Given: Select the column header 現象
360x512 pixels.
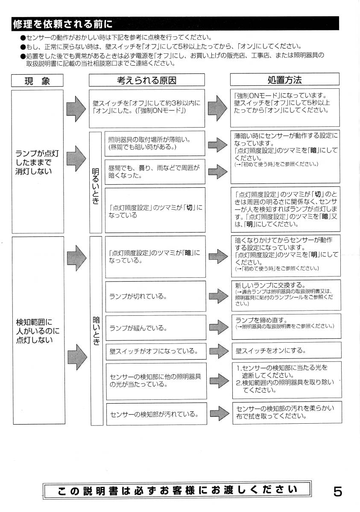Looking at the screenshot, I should (x=37, y=81).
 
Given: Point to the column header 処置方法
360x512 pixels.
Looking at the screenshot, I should (x=284, y=80).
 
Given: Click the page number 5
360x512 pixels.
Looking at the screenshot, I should (x=337, y=492).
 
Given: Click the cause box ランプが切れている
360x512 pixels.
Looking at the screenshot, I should (x=155, y=296).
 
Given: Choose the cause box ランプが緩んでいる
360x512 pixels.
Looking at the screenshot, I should (x=155, y=328).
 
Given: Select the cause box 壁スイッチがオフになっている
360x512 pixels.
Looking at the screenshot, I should (x=155, y=351).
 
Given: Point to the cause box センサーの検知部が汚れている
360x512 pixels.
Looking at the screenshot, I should (x=155, y=414).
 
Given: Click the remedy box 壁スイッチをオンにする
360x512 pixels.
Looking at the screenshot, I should (x=286, y=351).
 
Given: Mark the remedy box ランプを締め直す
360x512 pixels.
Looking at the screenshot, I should (x=286, y=326).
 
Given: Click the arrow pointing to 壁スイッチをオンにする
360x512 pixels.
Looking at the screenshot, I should (x=219, y=351).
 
